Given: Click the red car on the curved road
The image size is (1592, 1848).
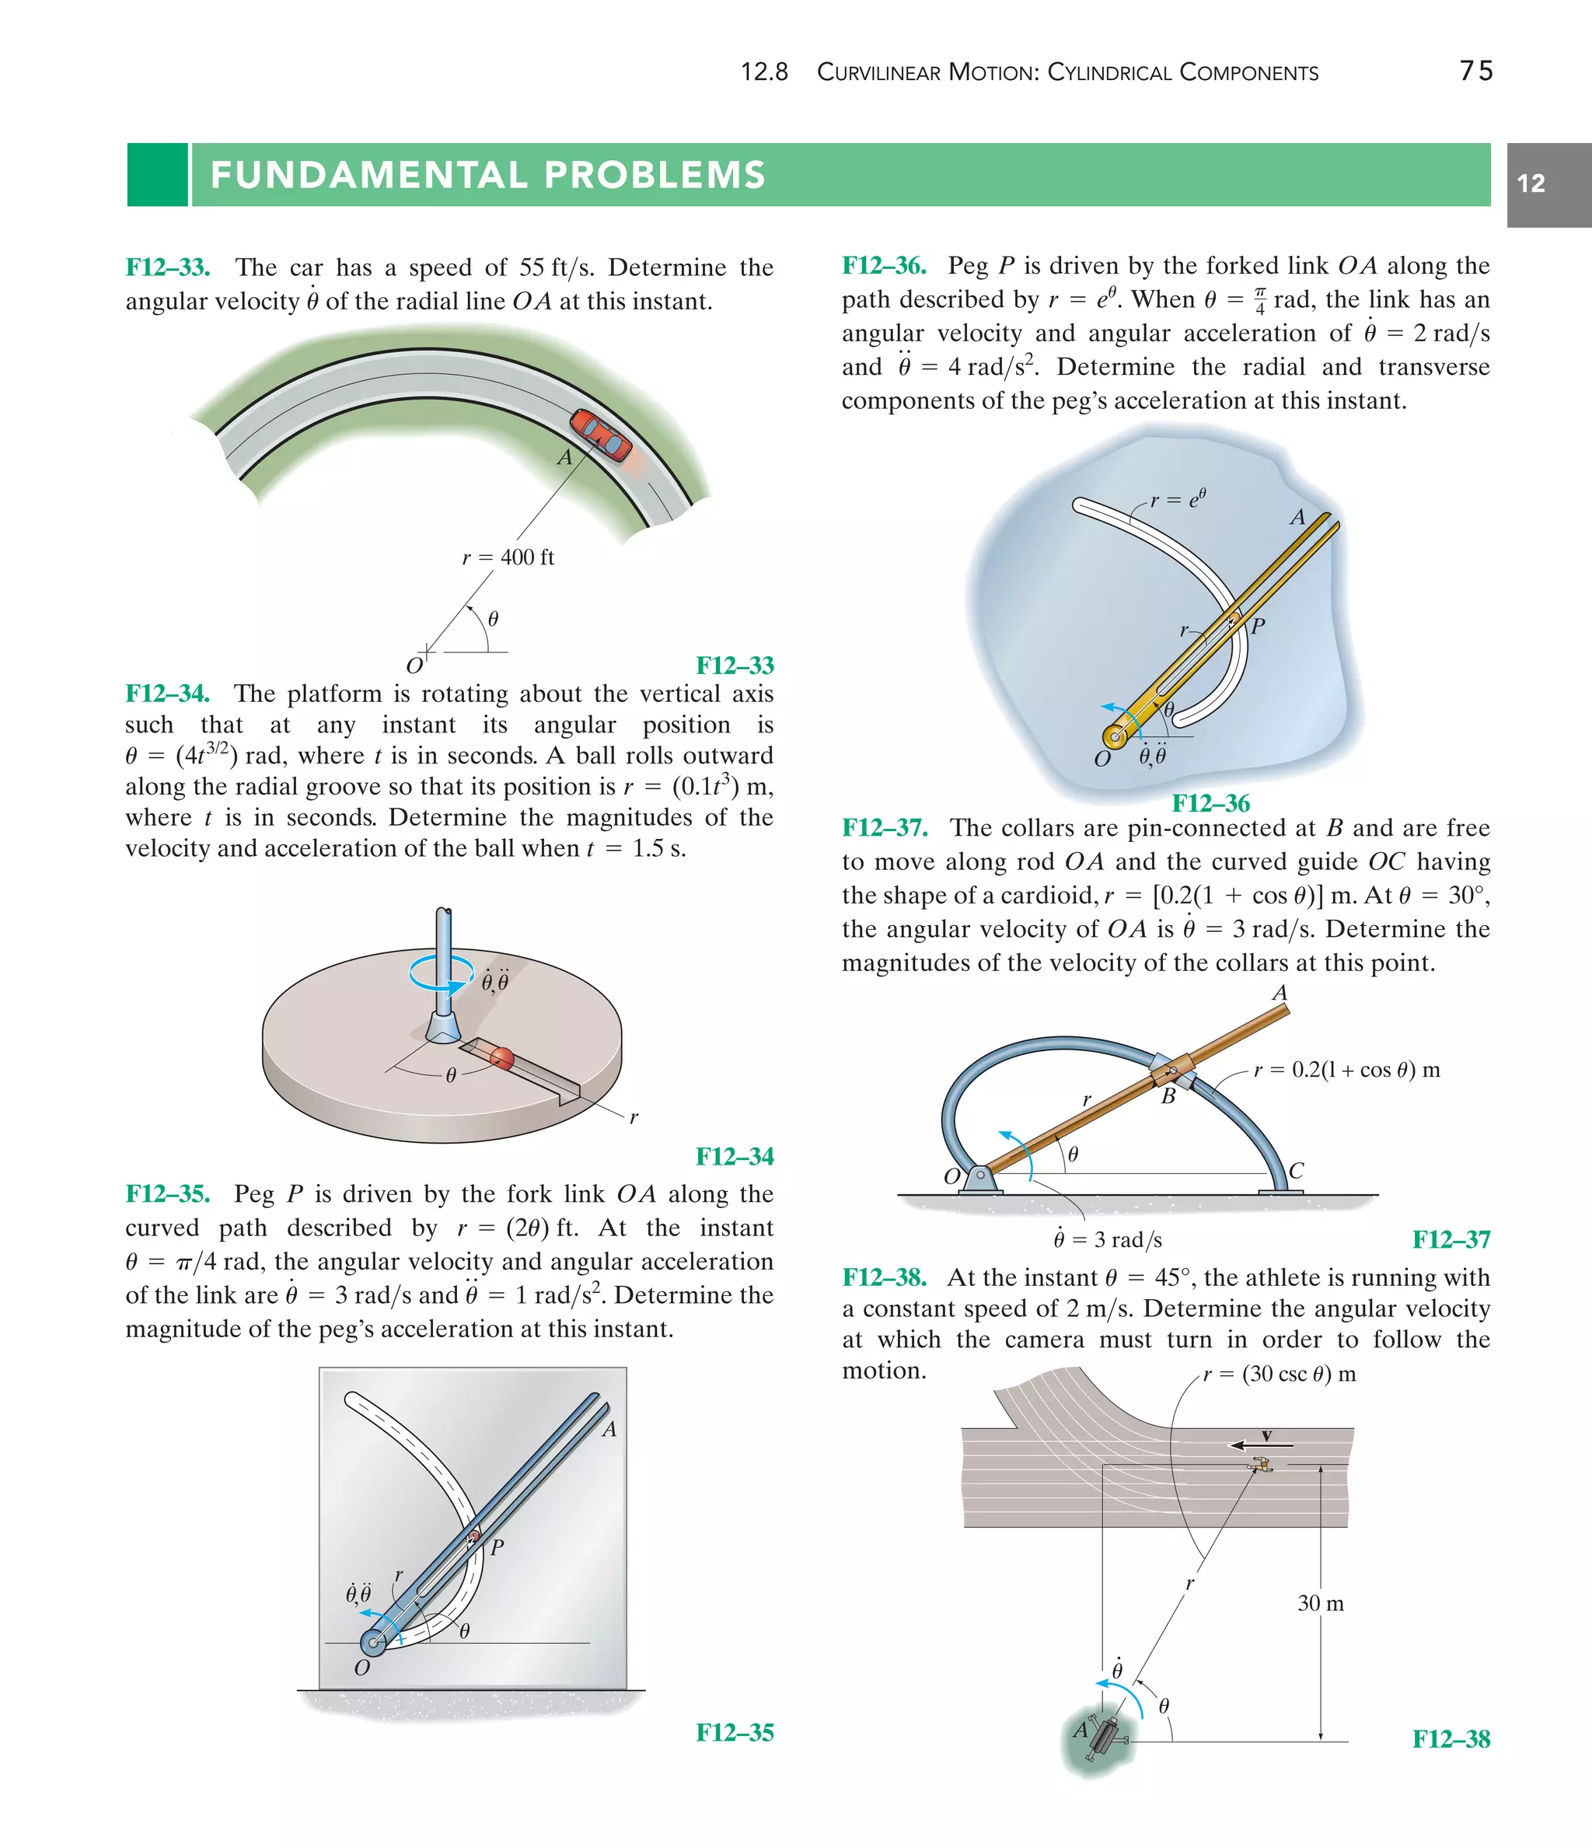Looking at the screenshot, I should tap(600, 435).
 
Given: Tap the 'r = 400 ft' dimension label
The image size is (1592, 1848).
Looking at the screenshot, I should tap(508, 557).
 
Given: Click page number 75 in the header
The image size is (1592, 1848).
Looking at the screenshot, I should tap(1476, 71).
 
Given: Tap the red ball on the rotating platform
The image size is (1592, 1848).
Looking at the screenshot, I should tap(502, 1058).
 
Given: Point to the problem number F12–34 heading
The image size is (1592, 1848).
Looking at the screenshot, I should tap(168, 694).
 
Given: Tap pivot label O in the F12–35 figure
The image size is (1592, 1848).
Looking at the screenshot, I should tap(362, 1668).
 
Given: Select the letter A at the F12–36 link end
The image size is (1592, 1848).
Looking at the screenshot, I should tap(1297, 517).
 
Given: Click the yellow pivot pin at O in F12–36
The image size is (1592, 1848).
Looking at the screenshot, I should tap(1114, 737).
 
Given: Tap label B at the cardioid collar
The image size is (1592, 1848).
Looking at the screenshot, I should tap(1168, 1097).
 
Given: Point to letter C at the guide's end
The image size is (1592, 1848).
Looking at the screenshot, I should tap(1297, 1171).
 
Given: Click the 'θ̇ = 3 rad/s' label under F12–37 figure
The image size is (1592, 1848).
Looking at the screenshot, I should tap(1107, 1240).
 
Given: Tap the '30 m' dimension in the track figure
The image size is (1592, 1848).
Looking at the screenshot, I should tap(1321, 1604).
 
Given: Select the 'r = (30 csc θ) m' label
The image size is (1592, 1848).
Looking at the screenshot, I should tap(1279, 1375).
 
